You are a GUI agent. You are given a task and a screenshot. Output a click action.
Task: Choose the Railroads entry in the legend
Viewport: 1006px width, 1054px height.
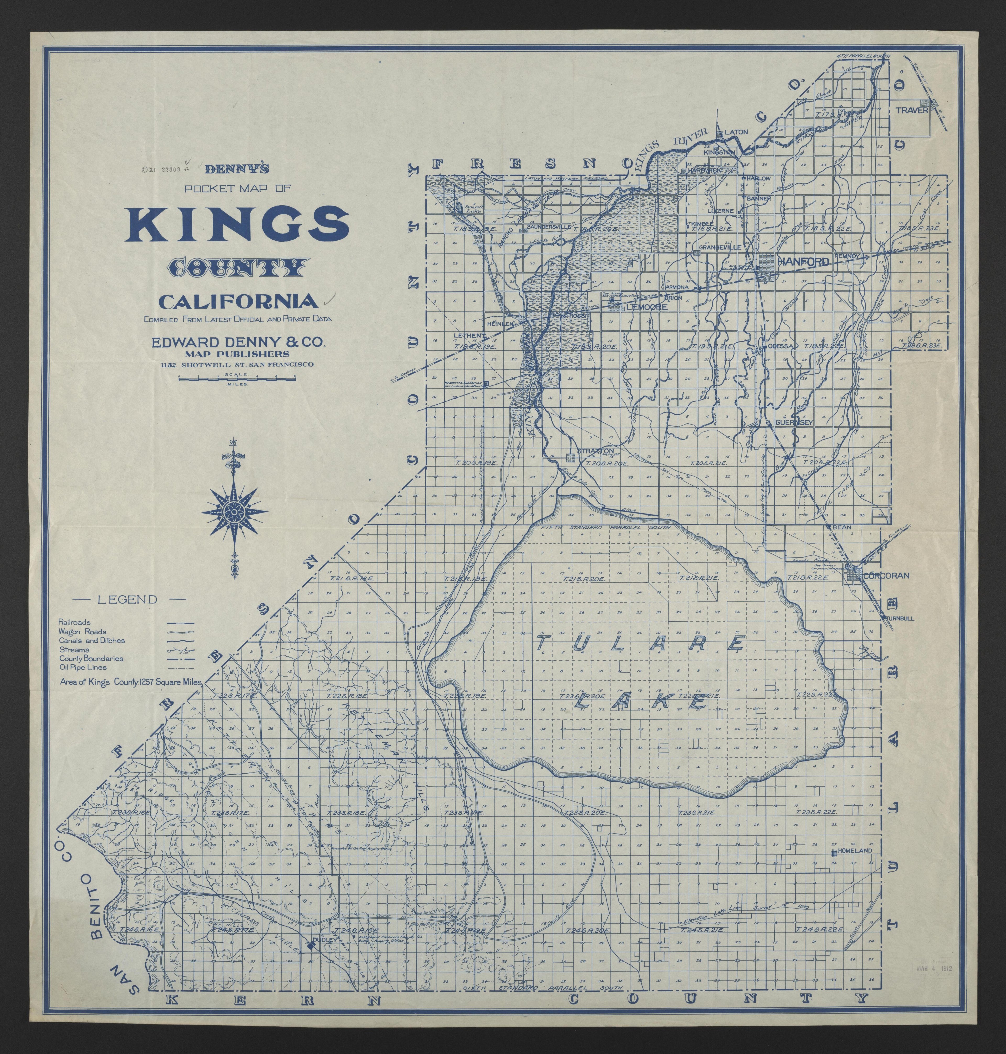coord(75,622)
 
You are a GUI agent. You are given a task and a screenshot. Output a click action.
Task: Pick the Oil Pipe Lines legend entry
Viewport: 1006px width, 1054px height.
coord(83,667)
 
